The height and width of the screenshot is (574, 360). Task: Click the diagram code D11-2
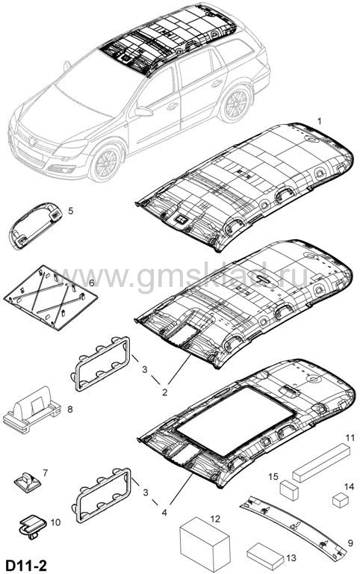click(25, 565)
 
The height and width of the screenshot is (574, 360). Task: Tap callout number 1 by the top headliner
click(320, 121)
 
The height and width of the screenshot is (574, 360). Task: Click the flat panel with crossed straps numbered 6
click(51, 297)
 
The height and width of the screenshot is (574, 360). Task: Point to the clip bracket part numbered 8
click(31, 409)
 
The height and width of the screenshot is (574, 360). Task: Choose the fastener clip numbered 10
click(32, 526)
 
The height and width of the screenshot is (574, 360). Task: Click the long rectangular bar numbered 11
click(320, 463)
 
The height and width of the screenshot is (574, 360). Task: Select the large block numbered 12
click(205, 540)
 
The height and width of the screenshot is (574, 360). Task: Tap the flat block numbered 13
click(266, 556)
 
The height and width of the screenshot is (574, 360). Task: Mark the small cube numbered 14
click(341, 500)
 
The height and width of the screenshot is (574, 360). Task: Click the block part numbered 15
click(289, 490)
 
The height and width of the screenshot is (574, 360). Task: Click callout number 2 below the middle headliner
click(164, 392)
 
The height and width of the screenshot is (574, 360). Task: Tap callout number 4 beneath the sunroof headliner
click(164, 513)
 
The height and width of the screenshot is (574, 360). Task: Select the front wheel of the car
click(105, 163)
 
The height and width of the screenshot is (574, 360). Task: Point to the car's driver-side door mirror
click(143, 111)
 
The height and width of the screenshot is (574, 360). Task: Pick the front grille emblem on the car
click(33, 141)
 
